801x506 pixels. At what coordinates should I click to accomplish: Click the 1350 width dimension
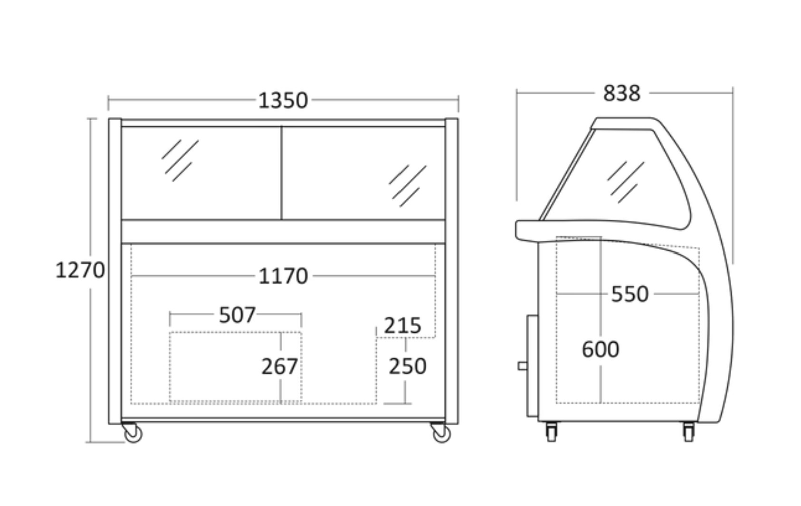click(x=283, y=101)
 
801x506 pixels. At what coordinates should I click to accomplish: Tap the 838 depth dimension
click(x=621, y=94)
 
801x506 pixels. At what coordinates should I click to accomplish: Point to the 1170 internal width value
click(x=283, y=276)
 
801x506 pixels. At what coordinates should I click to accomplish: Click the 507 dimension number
click(x=237, y=315)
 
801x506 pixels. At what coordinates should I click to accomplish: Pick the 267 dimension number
click(x=280, y=366)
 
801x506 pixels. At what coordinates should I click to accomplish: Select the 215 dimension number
click(x=403, y=326)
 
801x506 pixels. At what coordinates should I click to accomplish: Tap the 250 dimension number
click(x=407, y=366)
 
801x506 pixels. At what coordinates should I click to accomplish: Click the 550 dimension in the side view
click(x=629, y=294)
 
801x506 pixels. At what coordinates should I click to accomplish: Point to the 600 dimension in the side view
click(x=601, y=349)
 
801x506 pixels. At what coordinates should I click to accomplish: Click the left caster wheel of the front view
click(x=132, y=432)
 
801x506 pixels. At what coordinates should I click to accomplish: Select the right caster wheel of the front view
click(x=441, y=432)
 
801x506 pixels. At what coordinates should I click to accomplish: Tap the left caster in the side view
click(x=552, y=432)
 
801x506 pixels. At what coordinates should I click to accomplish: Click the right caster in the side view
click(x=689, y=432)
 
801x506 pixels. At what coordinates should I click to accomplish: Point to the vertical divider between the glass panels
click(x=281, y=173)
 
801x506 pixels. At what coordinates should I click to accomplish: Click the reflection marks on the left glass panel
click(x=180, y=160)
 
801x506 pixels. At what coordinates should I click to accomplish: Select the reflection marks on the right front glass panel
click(x=408, y=186)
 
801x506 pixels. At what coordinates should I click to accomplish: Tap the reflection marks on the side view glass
click(x=625, y=182)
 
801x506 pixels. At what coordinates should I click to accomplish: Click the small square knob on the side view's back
click(x=523, y=366)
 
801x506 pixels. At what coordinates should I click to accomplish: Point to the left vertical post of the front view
click(x=115, y=271)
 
